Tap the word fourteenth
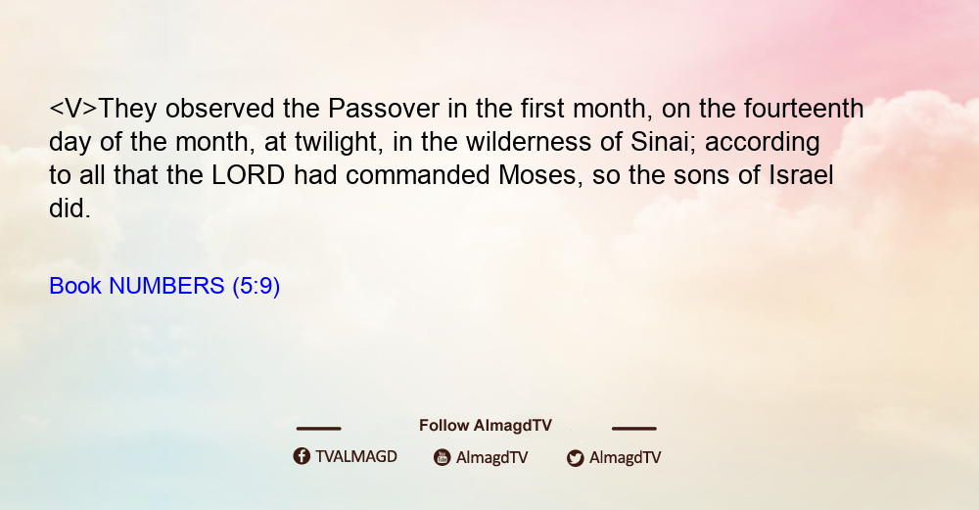click(804, 109)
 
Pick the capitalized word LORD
click(249, 175)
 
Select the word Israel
click(801, 175)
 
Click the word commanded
click(417, 175)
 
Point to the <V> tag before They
click(73, 109)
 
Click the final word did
click(70, 209)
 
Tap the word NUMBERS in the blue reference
click(166, 286)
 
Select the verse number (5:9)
click(256, 286)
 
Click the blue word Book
click(75, 286)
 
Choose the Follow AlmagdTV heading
click(486, 426)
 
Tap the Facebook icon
click(302, 456)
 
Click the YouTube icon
click(443, 457)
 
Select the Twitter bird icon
click(575, 458)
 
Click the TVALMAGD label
click(356, 457)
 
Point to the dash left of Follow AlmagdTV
click(318, 428)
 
